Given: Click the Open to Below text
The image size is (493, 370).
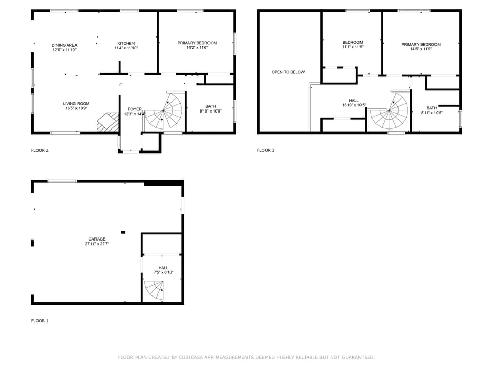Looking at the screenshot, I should tap(288, 72).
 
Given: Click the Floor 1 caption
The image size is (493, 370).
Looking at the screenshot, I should tap(40, 321).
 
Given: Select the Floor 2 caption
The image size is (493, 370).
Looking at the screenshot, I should tap(40, 150).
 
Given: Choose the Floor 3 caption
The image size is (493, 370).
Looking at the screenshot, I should tap(266, 150).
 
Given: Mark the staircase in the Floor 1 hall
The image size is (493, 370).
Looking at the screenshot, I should tap(154, 290).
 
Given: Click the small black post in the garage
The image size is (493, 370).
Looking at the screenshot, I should tap(123, 232).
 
